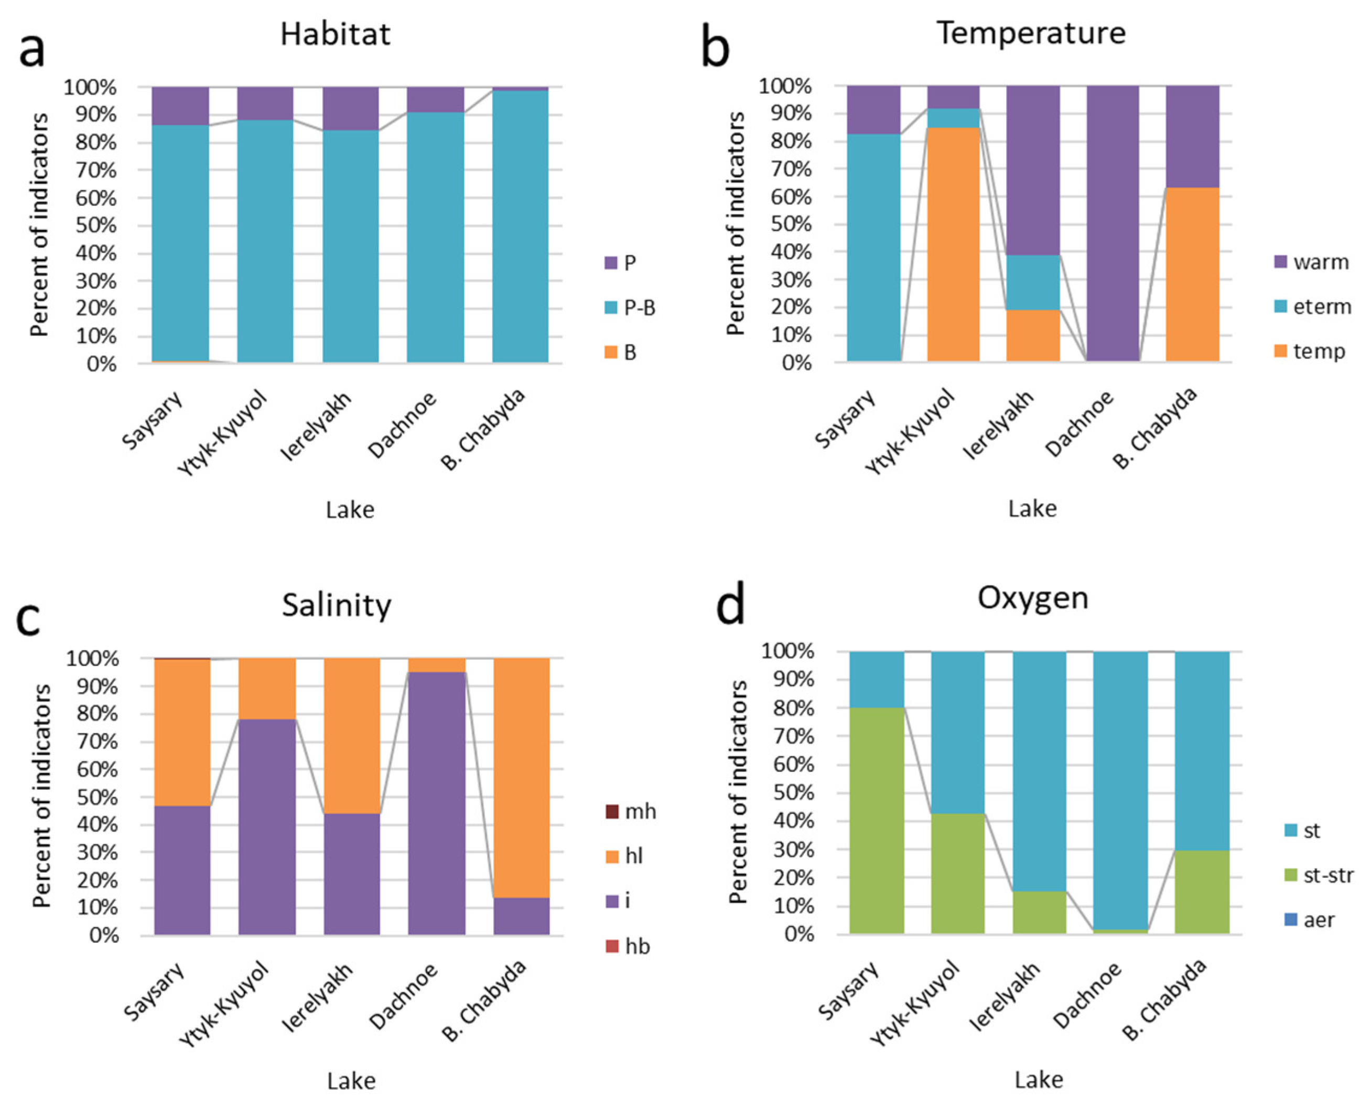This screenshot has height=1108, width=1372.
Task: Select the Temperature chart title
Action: pos(1031,32)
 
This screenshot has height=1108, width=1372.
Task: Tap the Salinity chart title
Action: pos(337,605)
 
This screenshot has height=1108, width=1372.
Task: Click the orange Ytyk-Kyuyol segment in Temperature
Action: pos(953,244)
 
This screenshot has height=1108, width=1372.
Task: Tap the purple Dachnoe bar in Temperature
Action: pos(1113,223)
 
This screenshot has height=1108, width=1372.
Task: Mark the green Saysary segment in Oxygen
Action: pos(877,820)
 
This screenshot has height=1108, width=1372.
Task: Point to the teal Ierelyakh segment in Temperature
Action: pos(1033,282)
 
